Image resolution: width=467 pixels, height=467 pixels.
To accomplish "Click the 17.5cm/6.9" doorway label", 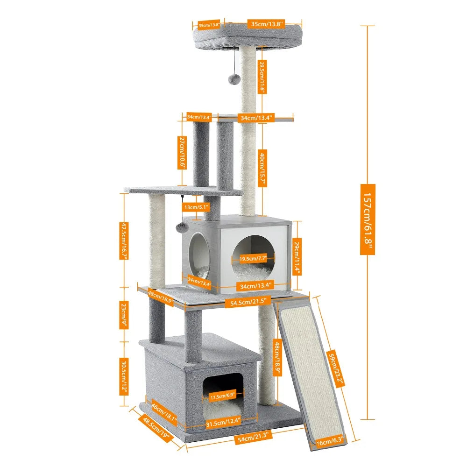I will [222, 397].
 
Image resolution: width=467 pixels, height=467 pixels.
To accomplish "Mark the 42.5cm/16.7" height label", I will [124, 240].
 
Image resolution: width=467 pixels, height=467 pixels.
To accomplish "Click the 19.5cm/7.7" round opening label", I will [253, 258].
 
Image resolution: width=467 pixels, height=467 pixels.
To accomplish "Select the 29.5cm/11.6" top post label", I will [262, 77].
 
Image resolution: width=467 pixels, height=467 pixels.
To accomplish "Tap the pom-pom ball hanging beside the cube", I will [182, 227].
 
